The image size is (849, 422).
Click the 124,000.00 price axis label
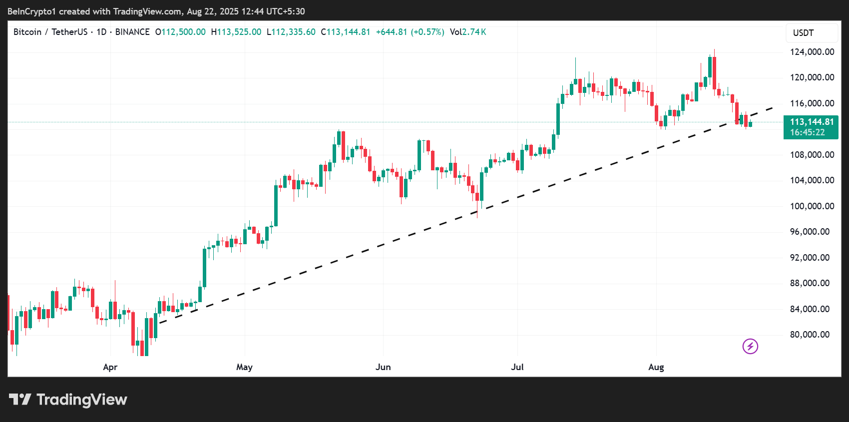pyautogui.click(x=812, y=52)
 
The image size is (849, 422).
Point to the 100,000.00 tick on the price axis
pyautogui.click(x=812, y=206)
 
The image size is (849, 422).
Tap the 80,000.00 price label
pyautogui.click(x=812, y=335)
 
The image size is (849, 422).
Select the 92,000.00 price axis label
pyautogui.click(x=812, y=258)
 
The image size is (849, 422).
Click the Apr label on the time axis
pyautogui.click(x=110, y=367)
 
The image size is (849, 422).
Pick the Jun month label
pyautogui.click(x=383, y=367)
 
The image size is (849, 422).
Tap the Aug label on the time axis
pyautogui.click(x=656, y=367)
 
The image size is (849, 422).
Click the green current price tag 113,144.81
pyautogui.click(x=811, y=122)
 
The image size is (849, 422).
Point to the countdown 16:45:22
pyautogui.click(x=807, y=132)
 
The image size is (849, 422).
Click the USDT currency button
pyautogui.click(x=804, y=33)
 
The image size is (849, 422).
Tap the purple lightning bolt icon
pyautogui.click(x=750, y=346)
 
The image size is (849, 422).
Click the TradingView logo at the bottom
pyautogui.click(x=68, y=400)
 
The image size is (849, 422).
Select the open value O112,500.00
pyautogui.click(x=180, y=32)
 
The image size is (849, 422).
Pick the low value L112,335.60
pyautogui.click(x=291, y=32)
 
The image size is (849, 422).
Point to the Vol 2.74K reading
pyautogui.click(x=467, y=32)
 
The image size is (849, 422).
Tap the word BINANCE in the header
pyautogui.click(x=132, y=32)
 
